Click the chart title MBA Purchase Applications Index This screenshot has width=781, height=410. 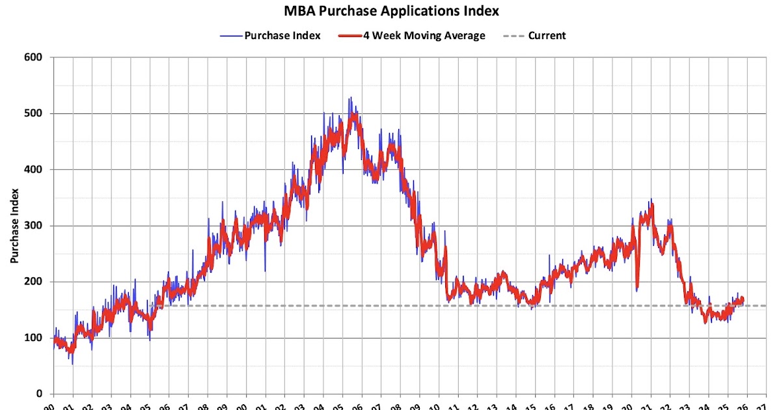390,11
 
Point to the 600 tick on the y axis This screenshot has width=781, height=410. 34,57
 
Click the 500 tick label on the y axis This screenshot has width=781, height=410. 34,113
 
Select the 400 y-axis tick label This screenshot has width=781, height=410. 34,169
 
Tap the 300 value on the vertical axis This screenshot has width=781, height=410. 34,226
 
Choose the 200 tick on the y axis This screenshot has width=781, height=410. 34,282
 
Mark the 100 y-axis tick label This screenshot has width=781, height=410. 34,338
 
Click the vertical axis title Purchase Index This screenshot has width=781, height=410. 14,226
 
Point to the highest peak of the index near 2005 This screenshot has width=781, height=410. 349,98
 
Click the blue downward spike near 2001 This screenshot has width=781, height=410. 265,271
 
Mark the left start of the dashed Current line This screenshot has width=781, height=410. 151,305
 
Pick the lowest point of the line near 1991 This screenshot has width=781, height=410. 72,363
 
